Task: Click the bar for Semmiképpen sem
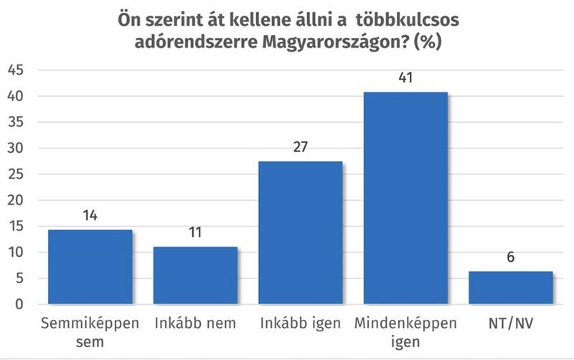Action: [90, 267]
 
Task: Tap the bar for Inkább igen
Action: [301, 233]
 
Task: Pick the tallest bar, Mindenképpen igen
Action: [405, 198]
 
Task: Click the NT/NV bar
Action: [511, 288]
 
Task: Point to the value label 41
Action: [405, 77]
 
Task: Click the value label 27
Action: [301, 146]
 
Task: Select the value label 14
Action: [90, 214]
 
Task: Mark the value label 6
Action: [511, 257]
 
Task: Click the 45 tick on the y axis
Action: [16, 70]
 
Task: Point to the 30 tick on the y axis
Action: [16, 148]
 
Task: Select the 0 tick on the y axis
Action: [20, 305]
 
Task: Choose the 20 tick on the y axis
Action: [16, 201]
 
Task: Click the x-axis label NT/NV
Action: [511, 323]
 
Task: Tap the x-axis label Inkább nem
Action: [195, 323]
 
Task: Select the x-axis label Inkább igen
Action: [301, 323]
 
